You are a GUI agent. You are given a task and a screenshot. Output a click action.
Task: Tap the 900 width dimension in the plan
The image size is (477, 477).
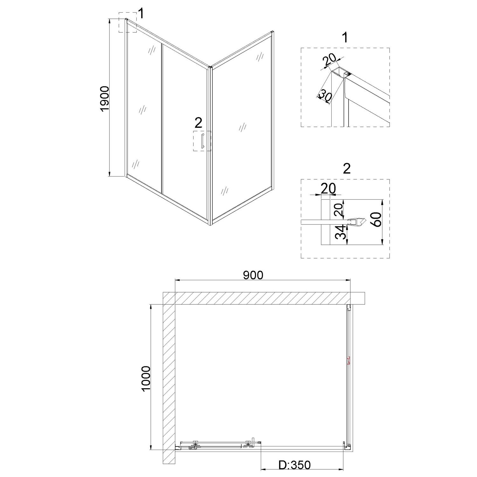pos(253,275)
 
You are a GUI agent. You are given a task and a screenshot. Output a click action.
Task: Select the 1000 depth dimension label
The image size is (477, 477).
pos(146,379)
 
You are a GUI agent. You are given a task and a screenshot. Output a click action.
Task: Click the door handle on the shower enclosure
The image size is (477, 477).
pos(202,141)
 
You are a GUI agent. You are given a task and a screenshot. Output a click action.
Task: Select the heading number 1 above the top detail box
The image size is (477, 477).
pos(345,38)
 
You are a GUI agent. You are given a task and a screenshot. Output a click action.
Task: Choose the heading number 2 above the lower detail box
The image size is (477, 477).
pos(347,168)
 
